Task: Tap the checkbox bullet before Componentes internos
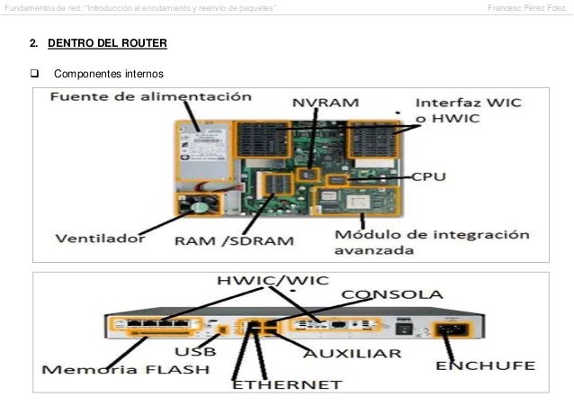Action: pos(37,73)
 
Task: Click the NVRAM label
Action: pos(322,104)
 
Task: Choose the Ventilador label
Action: pos(100,239)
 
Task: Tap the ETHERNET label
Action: pos(287,384)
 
